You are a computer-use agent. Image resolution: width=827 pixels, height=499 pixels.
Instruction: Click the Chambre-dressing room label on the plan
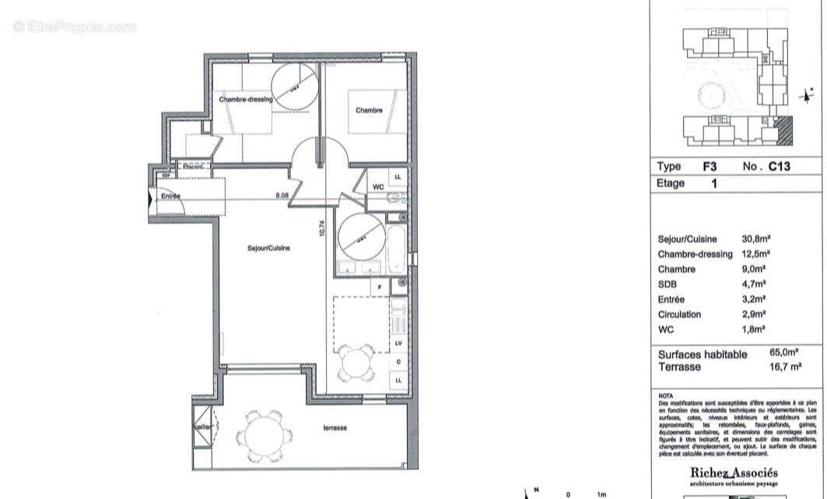tap(245, 100)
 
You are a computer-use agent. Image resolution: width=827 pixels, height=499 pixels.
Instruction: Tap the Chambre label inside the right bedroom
tap(369, 111)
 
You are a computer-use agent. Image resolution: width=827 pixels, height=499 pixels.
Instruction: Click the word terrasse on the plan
tap(335, 428)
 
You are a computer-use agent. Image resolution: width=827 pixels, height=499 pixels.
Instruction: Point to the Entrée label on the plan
tap(170, 196)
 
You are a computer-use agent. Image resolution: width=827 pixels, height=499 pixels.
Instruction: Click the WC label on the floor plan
tap(377, 187)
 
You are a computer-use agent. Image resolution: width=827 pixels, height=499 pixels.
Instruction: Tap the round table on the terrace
tap(265, 434)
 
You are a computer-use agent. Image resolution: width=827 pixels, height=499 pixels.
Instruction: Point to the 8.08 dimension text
tap(282, 195)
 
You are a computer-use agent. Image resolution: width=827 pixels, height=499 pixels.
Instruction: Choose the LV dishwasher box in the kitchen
tap(398, 343)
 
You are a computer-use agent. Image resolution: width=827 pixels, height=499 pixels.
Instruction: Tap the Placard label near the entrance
tap(192, 166)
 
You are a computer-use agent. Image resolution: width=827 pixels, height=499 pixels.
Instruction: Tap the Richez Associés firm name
tap(734, 473)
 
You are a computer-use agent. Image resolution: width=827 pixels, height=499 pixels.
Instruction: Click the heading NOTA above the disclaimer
tap(665, 395)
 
